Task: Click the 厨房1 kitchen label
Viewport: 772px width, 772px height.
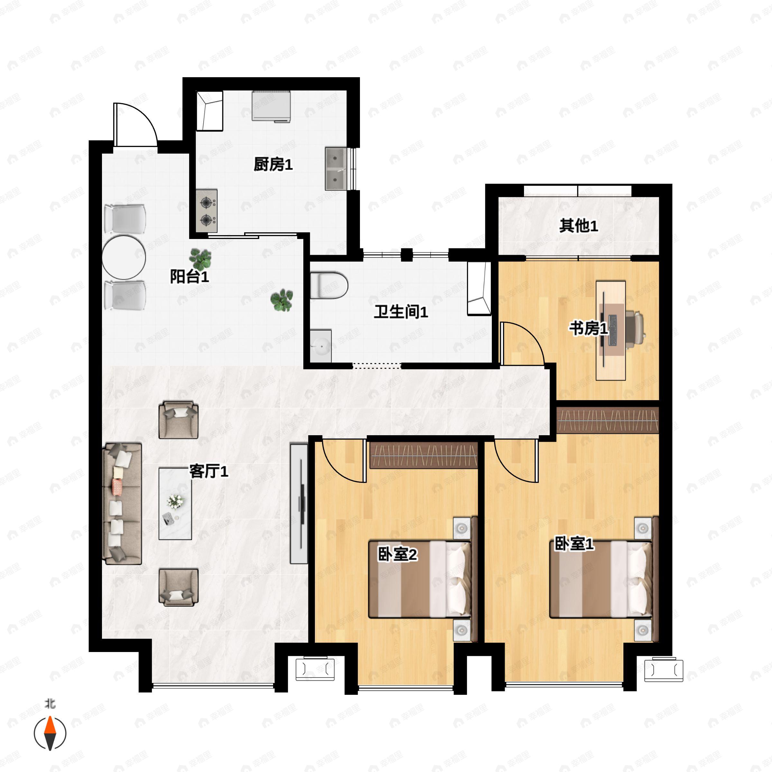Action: [x=273, y=164]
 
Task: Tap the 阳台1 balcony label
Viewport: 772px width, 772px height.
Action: [x=189, y=277]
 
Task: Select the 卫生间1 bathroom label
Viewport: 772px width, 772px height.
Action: [x=401, y=312]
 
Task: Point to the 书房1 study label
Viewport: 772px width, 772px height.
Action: [x=588, y=328]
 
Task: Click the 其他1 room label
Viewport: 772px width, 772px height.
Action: [x=578, y=226]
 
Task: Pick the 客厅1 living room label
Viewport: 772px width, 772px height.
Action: [x=208, y=472]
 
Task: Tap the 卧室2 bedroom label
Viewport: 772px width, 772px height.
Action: [x=397, y=554]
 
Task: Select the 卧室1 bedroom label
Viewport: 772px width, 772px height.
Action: [x=574, y=544]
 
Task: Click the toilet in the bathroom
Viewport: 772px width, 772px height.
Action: [x=328, y=285]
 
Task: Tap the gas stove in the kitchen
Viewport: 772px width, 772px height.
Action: [x=207, y=211]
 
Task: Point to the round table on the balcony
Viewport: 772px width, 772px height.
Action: [x=124, y=257]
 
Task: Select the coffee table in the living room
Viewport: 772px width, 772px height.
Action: [x=175, y=503]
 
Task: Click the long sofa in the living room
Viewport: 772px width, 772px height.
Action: [x=122, y=503]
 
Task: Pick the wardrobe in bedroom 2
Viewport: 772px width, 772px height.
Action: [x=424, y=455]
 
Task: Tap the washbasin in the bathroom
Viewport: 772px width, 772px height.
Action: [x=321, y=346]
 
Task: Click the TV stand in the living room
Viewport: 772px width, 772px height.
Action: [x=299, y=503]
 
